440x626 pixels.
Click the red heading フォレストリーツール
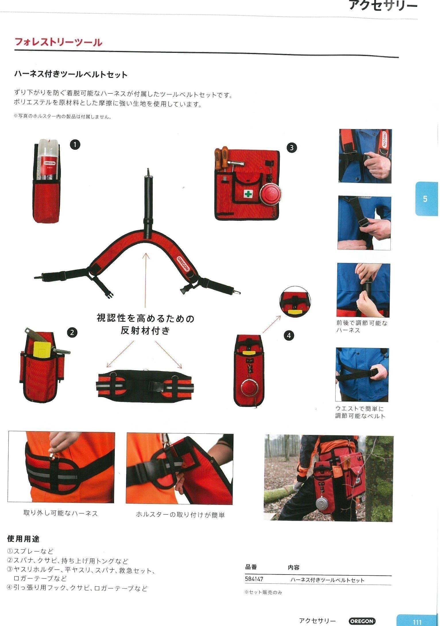pyautogui.click(x=58, y=42)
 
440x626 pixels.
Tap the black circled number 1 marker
pyautogui.click(x=75, y=144)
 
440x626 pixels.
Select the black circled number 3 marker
pyautogui.click(x=292, y=148)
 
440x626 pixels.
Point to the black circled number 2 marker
pyautogui.click(x=72, y=333)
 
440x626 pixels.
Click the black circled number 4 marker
pyautogui.click(x=289, y=335)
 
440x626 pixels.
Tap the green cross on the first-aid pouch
pyautogui.click(x=248, y=194)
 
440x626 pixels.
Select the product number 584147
pyautogui.click(x=254, y=579)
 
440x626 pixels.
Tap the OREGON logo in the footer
pyautogui.click(x=362, y=621)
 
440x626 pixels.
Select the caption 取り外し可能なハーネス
pyautogui.click(x=61, y=513)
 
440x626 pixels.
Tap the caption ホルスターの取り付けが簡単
pyautogui.click(x=180, y=515)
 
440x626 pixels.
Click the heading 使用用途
pyautogui.click(x=23, y=539)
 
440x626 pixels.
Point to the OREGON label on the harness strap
pyautogui.click(x=183, y=263)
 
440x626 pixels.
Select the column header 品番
pyautogui.click(x=251, y=567)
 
